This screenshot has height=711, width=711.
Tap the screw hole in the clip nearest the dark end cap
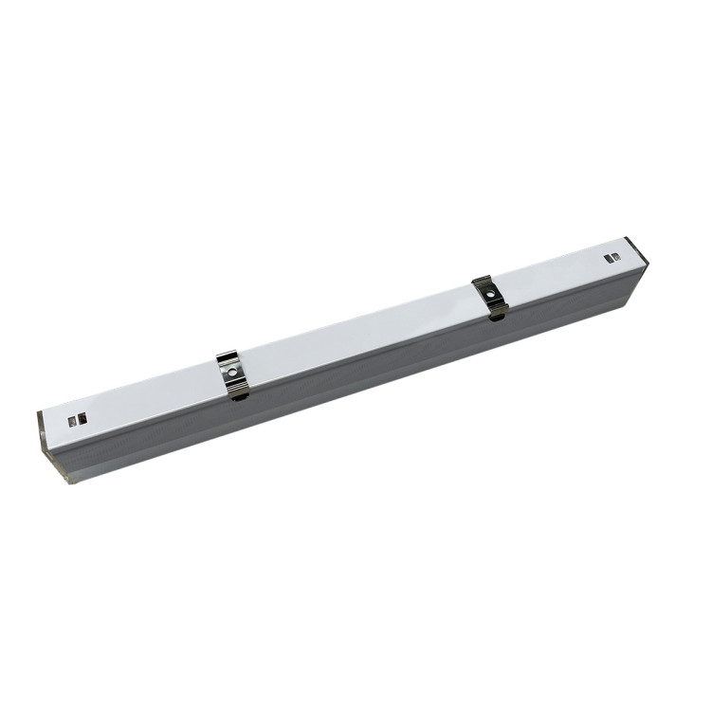pyautogui.click(x=490, y=294)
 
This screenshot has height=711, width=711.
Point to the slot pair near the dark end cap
pyautogui.click(x=612, y=257)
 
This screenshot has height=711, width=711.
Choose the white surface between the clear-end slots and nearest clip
pyautogui.click(x=152, y=396)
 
